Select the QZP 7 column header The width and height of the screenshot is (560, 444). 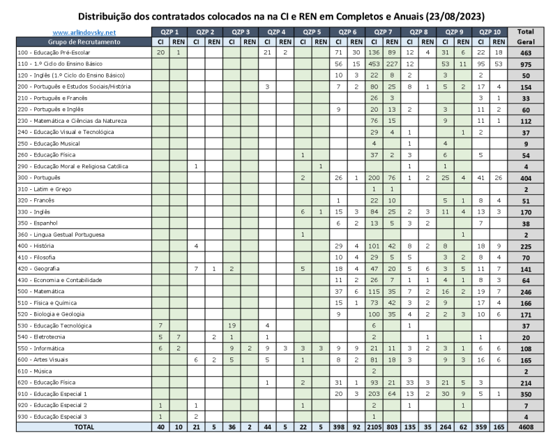click(382, 32)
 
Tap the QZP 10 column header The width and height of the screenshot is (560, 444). click(490, 32)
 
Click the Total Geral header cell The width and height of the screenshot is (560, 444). click(526, 36)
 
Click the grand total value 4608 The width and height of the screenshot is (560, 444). click(526, 427)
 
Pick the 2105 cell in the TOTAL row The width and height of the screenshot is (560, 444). click(374, 427)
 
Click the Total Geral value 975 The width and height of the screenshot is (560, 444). click(526, 64)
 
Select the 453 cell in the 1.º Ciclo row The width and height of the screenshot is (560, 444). click(374, 64)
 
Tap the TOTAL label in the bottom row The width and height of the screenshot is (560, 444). click(84, 427)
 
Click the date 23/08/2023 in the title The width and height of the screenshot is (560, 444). click(454, 15)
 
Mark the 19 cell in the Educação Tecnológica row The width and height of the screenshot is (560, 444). click(232, 325)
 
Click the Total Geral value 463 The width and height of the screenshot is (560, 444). click(526, 53)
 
